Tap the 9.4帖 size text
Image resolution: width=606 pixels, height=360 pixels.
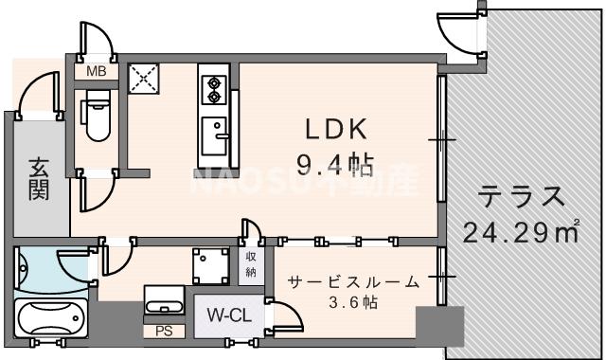coord(333,167)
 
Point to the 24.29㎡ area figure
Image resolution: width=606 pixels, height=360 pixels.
coord(520,230)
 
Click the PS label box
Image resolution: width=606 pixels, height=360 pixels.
coord(163,332)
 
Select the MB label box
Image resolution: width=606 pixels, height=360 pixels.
coord(96,71)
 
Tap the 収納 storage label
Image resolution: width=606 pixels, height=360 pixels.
coord(251,265)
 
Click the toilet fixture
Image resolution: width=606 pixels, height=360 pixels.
coord(96,119)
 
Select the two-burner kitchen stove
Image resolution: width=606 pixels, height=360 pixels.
coord(212,86)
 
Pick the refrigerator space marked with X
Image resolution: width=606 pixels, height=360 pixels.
coord(147,79)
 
